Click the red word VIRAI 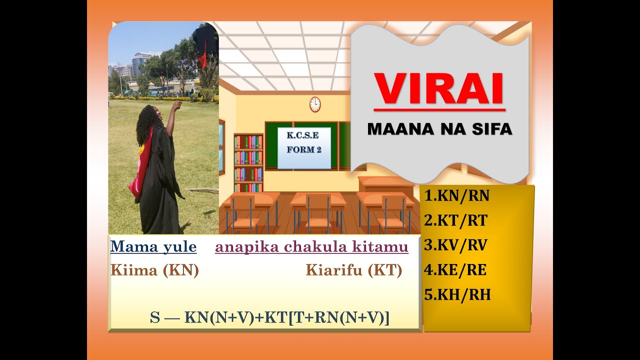[x=439, y=89]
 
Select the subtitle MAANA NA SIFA [x=439, y=129]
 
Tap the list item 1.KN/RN [x=456, y=196]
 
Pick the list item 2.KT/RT [x=455, y=220]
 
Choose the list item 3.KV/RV [x=455, y=245]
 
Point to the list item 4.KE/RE [x=455, y=270]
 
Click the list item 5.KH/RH [x=457, y=295]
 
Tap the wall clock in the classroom [x=315, y=104]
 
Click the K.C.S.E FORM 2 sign [x=304, y=147]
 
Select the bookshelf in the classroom [x=248, y=162]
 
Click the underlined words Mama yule [x=153, y=246]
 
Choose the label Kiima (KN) [x=154, y=270]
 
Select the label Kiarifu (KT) [x=353, y=270]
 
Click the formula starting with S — [x=269, y=317]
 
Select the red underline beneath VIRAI [x=439, y=109]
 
